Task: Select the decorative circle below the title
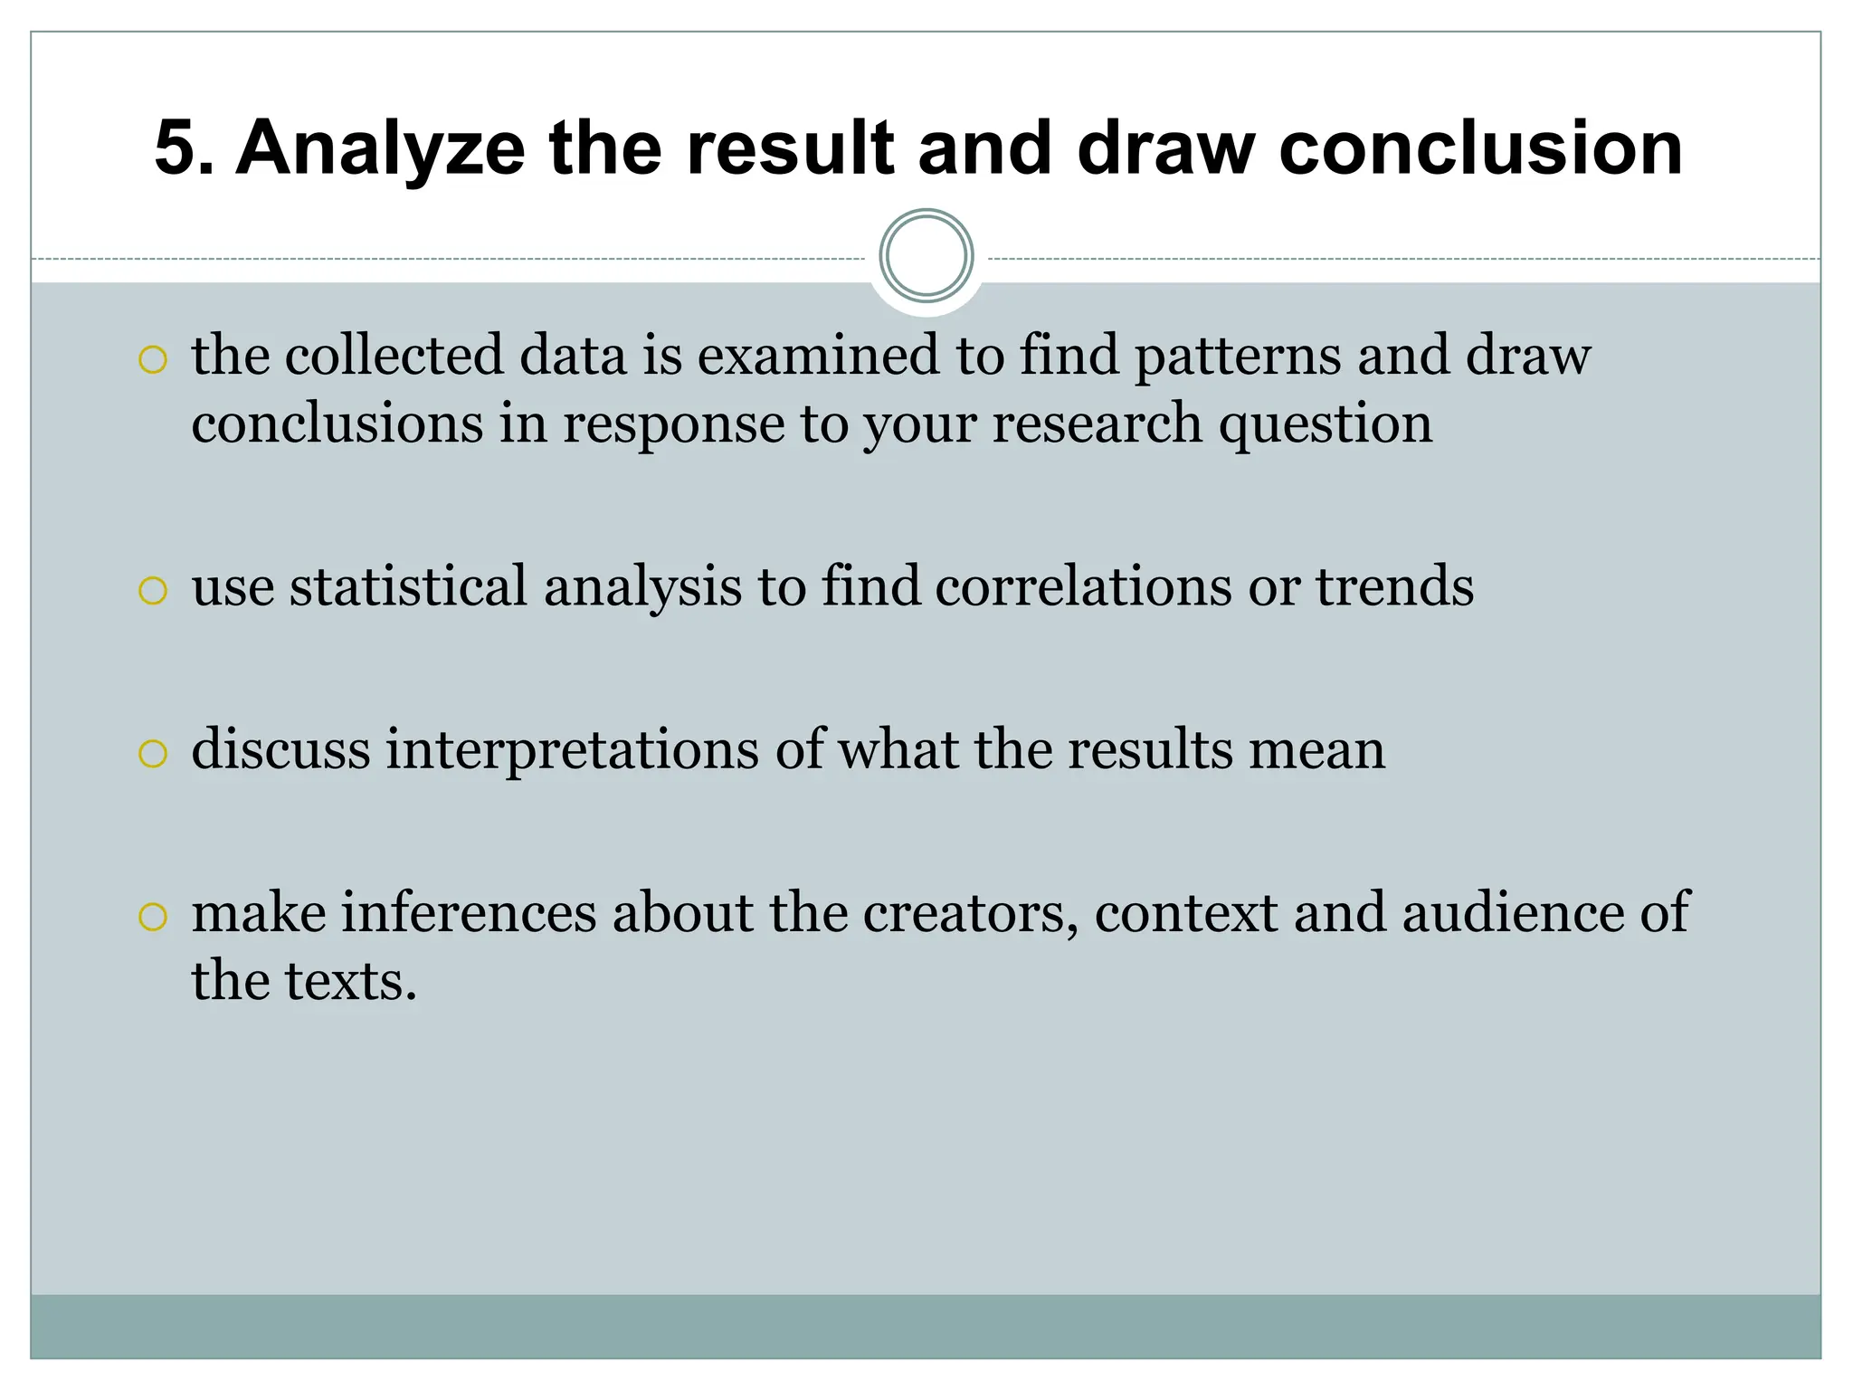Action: point(926,256)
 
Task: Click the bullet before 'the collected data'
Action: point(153,359)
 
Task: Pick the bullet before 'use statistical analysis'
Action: point(153,591)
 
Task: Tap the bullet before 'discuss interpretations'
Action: point(153,754)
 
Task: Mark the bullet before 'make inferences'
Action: point(153,917)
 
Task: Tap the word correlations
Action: point(1083,586)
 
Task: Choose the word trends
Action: point(1394,586)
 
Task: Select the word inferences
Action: point(469,912)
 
